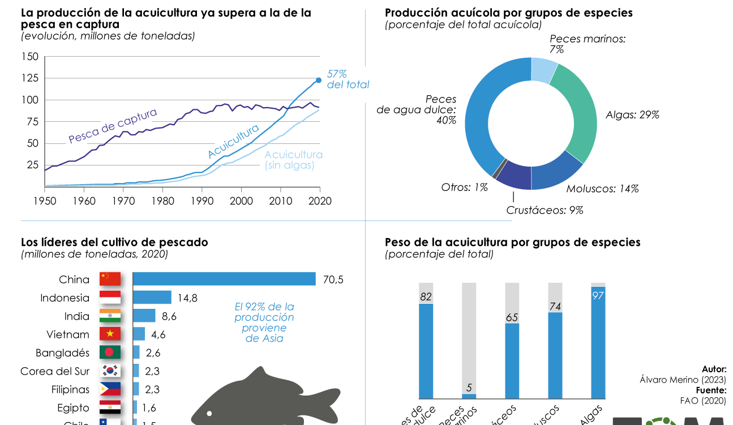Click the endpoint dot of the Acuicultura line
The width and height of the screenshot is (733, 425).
(x=318, y=80)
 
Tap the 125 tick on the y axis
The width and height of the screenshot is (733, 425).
(x=30, y=78)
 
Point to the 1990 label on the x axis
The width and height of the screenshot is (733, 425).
(x=202, y=201)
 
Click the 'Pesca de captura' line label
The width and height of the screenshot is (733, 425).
(x=113, y=126)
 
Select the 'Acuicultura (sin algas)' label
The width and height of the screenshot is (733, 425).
(x=293, y=160)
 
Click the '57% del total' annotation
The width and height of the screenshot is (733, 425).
(x=348, y=79)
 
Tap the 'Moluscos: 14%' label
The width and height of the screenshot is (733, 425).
(x=602, y=189)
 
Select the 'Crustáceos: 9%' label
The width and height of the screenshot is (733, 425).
(x=545, y=210)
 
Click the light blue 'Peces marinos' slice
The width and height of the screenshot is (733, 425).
(x=544, y=70)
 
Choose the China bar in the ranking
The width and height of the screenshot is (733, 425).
(x=224, y=279)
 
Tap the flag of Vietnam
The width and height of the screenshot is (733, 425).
(x=110, y=334)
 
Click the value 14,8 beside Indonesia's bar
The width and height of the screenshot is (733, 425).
(x=187, y=298)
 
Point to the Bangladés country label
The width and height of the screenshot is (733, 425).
(x=62, y=353)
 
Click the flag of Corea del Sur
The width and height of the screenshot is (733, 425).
(x=110, y=371)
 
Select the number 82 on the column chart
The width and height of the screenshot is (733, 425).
(x=426, y=296)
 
